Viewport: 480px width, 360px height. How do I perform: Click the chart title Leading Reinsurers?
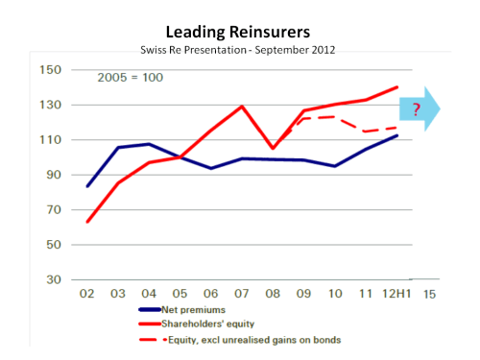coord(240,33)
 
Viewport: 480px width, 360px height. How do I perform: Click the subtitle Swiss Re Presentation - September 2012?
coord(239,50)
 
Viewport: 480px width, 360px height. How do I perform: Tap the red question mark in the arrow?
coord(417,109)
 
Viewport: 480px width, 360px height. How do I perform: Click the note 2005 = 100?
coord(130,77)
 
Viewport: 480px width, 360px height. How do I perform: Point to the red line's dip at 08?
coord(274,149)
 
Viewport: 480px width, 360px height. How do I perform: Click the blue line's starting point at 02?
coord(88,186)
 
